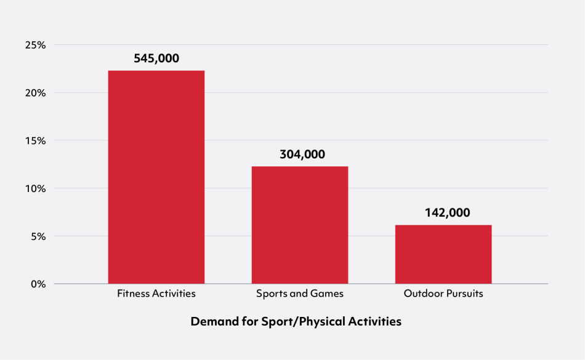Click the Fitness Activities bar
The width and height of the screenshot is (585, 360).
(156, 177)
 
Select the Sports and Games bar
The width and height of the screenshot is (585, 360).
(300, 225)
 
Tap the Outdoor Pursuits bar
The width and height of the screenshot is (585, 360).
(443, 254)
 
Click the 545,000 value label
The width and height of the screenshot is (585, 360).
(156, 59)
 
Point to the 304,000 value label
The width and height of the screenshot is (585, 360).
(300, 154)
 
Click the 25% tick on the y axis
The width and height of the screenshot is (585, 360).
(36, 45)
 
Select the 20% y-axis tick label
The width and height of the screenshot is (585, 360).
(36, 93)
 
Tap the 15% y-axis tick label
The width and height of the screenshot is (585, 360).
(36, 140)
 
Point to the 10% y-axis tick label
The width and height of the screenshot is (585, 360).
(36, 188)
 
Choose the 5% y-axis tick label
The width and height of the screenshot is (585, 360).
(38, 236)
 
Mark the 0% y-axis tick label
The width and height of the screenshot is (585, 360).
(38, 284)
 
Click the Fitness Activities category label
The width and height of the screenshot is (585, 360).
(156, 294)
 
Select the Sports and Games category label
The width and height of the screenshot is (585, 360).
(300, 294)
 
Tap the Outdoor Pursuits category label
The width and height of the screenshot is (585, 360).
(443, 294)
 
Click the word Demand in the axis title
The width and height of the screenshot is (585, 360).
(211, 322)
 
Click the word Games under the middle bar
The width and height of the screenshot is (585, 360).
(328, 294)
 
